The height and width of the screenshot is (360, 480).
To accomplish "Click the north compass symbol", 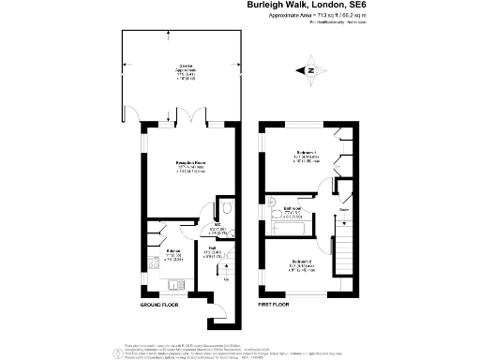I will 310,69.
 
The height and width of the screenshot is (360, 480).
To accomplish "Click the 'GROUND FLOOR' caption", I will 162,307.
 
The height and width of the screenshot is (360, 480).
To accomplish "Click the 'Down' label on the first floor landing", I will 344,210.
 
